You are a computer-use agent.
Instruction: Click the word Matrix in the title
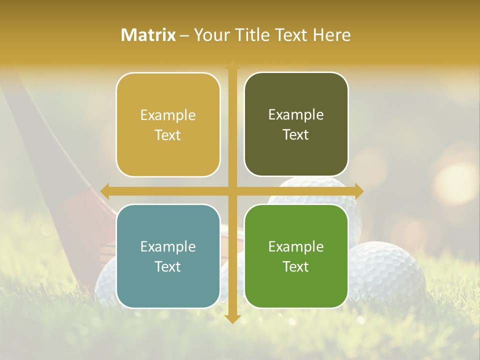(148, 35)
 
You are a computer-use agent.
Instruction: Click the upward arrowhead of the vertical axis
(232, 64)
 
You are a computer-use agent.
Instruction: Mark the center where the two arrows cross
(232, 190)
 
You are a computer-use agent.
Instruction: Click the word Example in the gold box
(168, 115)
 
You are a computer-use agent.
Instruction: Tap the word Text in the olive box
(296, 135)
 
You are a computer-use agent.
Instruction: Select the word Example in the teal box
(168, 247)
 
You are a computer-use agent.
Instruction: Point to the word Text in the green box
(296, 267)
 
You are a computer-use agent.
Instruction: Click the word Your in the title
(210, 35)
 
